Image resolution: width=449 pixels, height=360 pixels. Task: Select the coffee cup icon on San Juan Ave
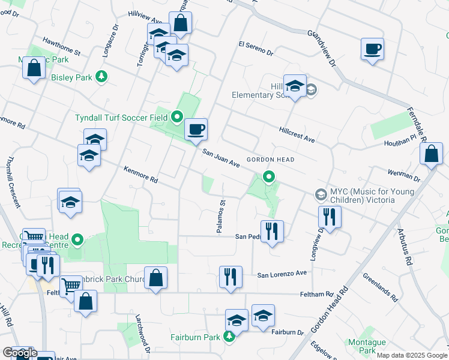coord(196,129)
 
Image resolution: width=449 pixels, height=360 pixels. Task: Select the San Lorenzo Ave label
coord(282,274)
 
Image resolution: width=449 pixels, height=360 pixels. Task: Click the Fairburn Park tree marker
coord(229,337)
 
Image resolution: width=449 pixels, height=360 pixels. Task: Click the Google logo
coord(19,353)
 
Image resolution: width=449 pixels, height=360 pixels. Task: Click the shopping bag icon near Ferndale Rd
coord(432,154)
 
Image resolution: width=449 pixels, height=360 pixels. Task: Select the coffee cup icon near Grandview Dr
coord(372,49)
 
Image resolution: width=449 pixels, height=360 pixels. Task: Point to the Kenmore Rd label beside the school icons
coord(140,175)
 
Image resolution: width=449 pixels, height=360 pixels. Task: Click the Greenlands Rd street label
coord(380,287)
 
